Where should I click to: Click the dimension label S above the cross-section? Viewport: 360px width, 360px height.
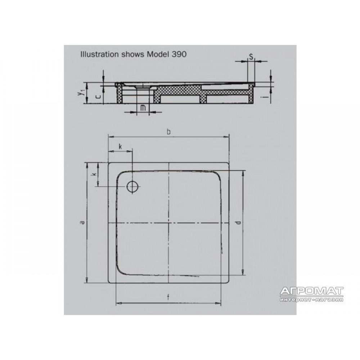point(251,57)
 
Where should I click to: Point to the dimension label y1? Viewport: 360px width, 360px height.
point(80,93)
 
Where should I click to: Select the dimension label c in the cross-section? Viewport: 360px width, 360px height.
point(98,96)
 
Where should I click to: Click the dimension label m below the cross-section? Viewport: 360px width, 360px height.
point(143,108)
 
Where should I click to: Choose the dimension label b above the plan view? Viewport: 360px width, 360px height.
point(169,132)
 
